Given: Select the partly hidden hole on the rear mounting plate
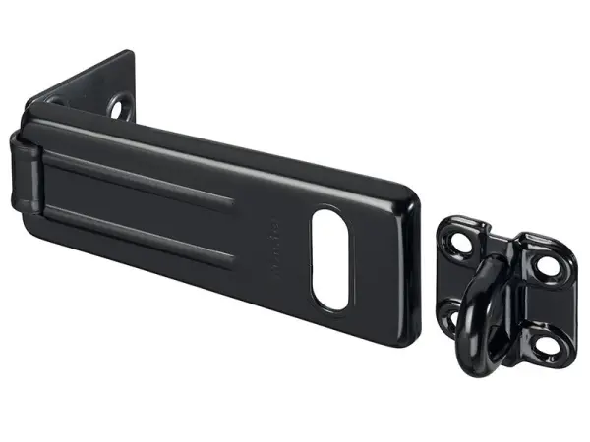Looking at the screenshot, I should (54, 100).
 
